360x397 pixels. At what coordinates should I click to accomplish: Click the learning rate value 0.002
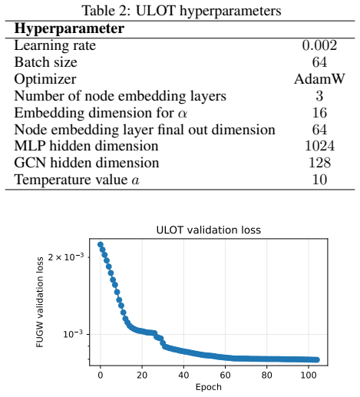(x=319, y=45)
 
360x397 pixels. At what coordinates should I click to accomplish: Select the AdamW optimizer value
(x=319, y=79)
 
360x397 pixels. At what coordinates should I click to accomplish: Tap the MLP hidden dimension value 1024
(x=319, y=146)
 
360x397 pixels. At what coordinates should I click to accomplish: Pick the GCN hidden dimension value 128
(x=319, y=163)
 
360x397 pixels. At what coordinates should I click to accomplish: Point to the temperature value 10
(x=319, y=180)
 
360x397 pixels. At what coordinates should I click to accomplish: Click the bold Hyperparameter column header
(x=69, y=28)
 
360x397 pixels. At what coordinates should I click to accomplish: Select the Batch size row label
(x=45, y=62)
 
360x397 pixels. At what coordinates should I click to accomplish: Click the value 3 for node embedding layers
(x=319, y=96)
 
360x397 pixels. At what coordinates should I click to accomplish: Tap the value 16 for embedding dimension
(x=319, y=113)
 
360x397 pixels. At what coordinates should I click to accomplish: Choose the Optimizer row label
(x=45, y=79)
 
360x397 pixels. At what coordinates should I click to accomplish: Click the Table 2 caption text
(x=181, y=11)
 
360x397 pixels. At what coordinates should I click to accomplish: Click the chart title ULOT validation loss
(x=209, y=230)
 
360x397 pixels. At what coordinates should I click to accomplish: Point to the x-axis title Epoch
(x=209, y=387)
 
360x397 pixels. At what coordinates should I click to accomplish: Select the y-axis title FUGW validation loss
(x=40, y=303)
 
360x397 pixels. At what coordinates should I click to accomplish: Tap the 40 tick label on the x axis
(x=183, y=375)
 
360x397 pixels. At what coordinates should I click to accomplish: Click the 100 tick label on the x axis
(x=309, y=375)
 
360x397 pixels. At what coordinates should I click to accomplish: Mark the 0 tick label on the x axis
(x=101, y=375)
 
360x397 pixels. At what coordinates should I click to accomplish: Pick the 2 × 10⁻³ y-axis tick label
(x=66, y=256)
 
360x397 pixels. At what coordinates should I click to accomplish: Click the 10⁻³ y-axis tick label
(x=73, y=334)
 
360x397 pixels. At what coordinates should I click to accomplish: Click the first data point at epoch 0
(x=101, y=244)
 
